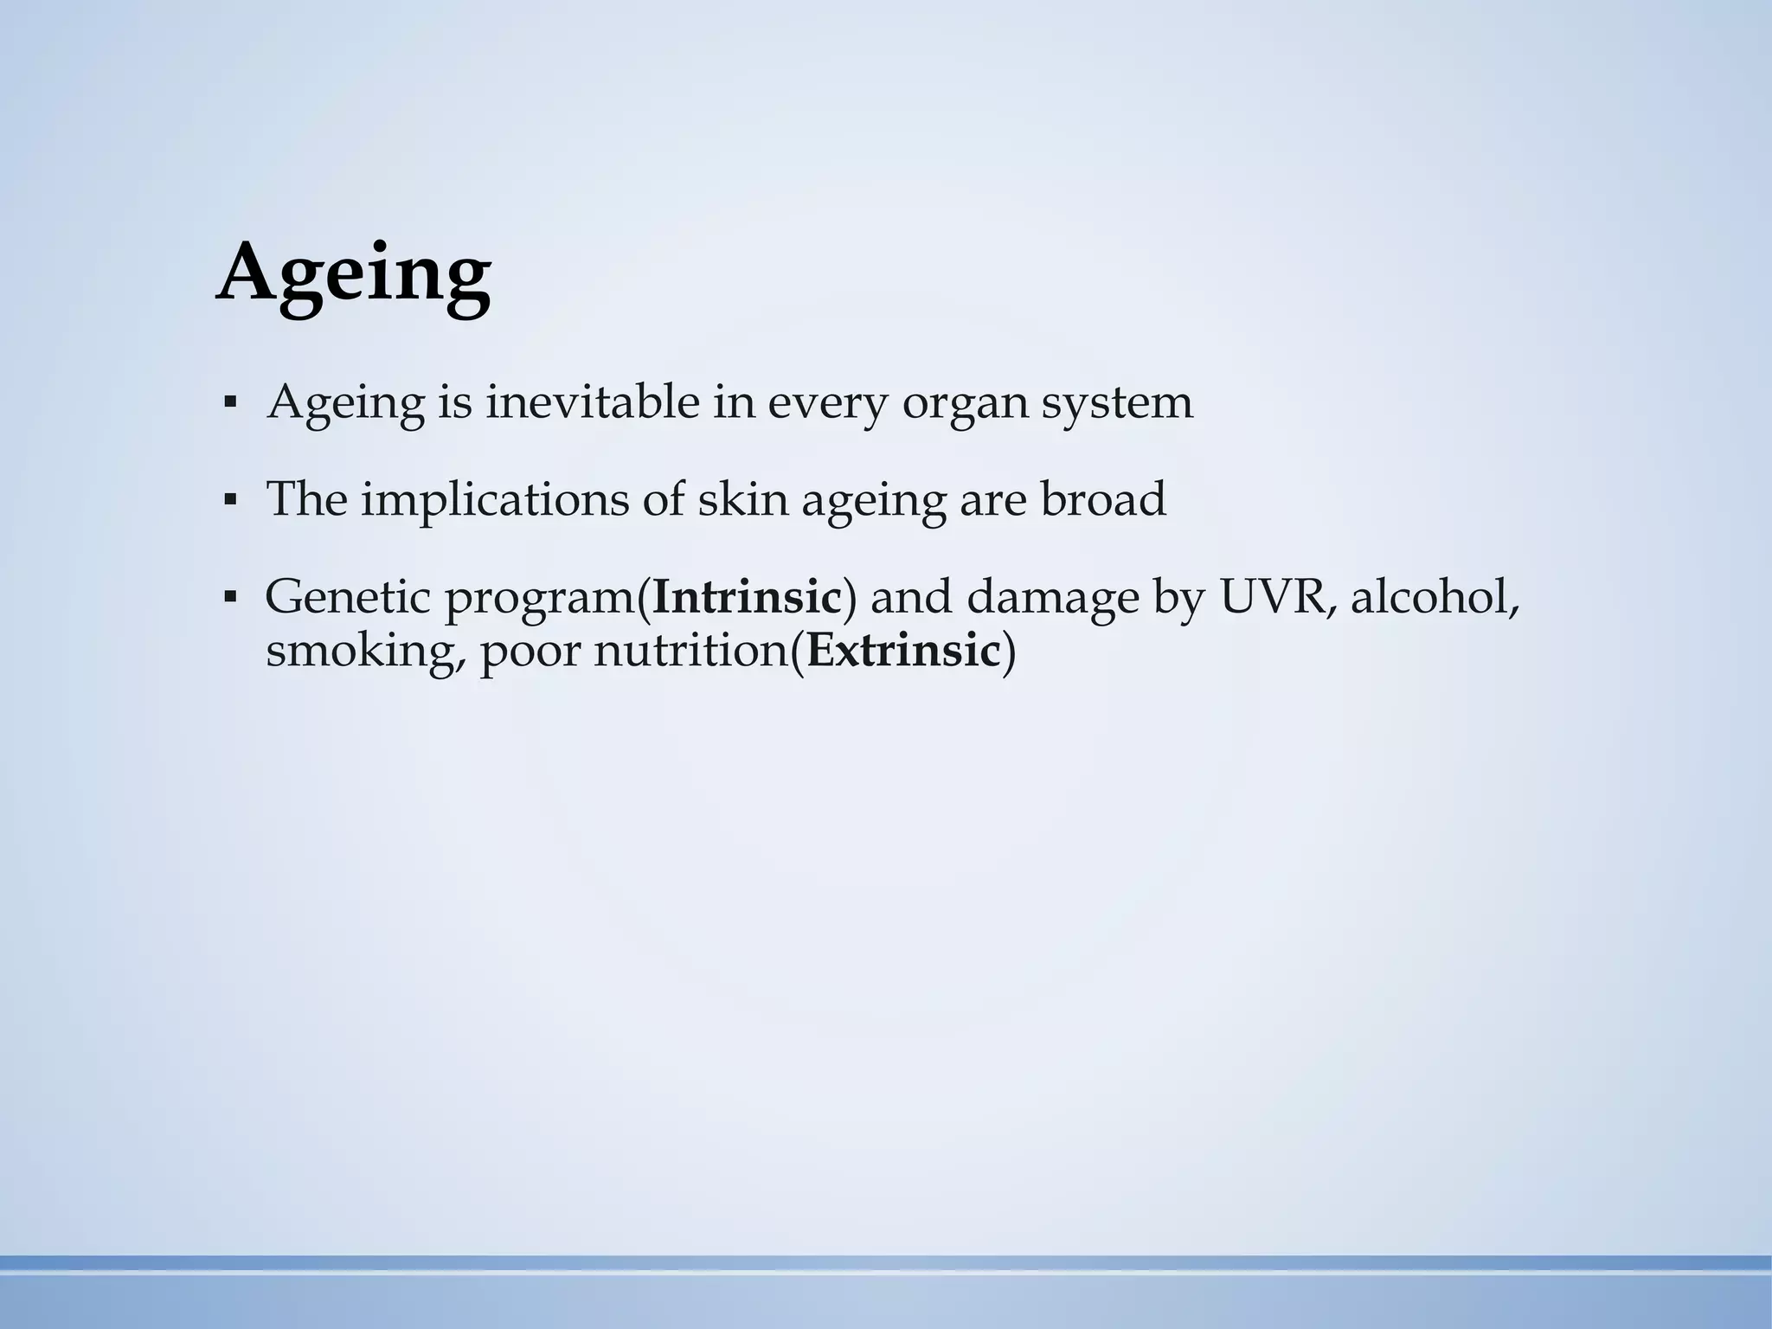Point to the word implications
(494, 501)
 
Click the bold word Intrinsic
(747, 597)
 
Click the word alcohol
(1434, 597)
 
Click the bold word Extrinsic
(903, 651)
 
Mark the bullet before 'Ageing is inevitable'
(229, 403)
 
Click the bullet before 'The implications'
(229, 500)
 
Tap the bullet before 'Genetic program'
(229, 597)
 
